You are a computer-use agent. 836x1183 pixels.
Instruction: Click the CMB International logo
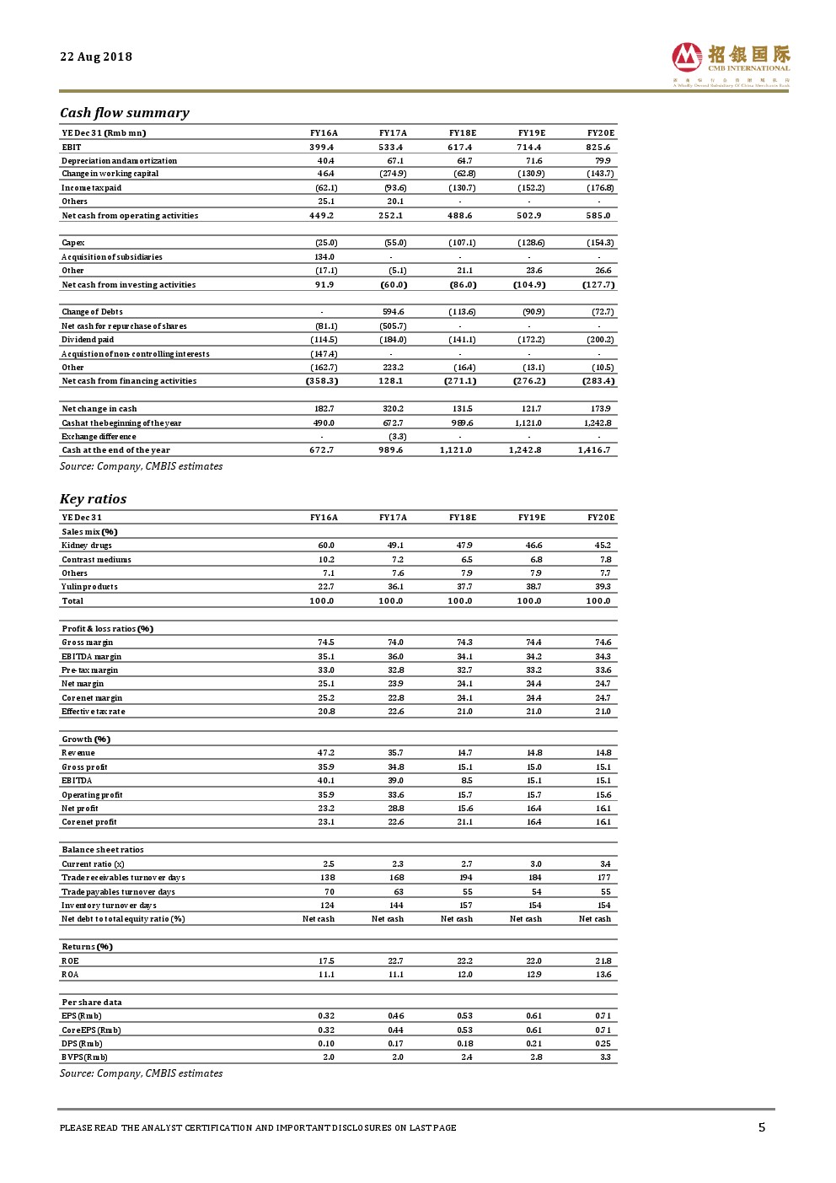coord(731,64)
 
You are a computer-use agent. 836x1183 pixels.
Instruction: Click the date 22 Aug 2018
coord(96,56)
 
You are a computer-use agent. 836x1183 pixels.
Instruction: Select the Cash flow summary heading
coord(125,113)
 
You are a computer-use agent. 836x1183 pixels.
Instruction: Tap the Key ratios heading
coord(94,499)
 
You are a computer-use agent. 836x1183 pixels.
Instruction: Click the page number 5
coord(762,1127)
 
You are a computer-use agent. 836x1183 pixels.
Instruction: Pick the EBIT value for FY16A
coord(322,147)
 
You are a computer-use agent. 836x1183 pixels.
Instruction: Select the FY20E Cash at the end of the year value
coord(595,450)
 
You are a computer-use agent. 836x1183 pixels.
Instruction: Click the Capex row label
coord(73,243)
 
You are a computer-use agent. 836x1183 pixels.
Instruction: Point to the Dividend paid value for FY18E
coord(462,340)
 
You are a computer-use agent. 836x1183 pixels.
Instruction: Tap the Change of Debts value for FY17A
coord(394,312)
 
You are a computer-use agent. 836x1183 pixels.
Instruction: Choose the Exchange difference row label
coord(99,437)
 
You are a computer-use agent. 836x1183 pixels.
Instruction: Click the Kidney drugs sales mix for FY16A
coord(326,546)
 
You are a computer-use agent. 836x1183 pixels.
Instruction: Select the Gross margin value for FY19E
coord(533,643)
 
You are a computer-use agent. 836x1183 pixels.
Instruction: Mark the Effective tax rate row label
coord(94,712)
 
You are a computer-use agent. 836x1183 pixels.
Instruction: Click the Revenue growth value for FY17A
coord(395,753)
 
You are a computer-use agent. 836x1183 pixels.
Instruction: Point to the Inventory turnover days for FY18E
coord(466,906)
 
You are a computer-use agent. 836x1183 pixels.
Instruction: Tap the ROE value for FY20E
coord(603,961)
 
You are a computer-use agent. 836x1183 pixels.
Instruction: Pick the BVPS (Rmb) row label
coord(85,1057)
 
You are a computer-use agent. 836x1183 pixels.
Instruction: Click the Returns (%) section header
coord(88,947)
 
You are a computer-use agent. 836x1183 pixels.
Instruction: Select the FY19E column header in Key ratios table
coord(532,518)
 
